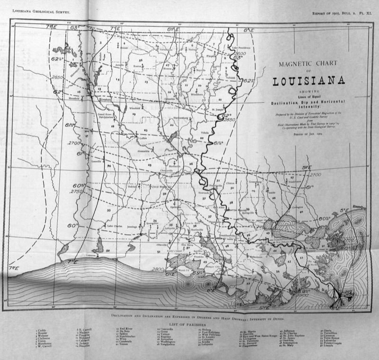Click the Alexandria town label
(144, 151)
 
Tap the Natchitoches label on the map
(106, 118)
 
